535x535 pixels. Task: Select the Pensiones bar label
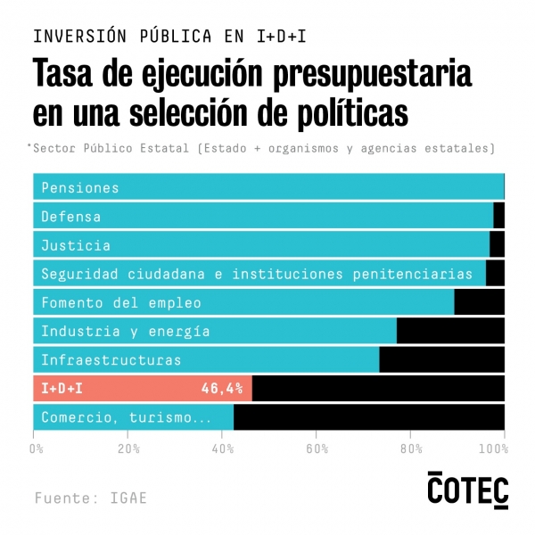click(79, 187)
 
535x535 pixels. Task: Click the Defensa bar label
click(70, 216)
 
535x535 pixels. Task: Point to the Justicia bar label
click(76, 245)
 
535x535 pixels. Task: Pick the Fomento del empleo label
click(120, 302)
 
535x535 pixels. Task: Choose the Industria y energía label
click(125, 331)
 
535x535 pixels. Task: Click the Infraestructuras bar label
click(111, 360)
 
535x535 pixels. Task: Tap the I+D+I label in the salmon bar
click(62, 389)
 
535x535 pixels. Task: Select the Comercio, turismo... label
click(126, 417)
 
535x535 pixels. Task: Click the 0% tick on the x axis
click(37, 448)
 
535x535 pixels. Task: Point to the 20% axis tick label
click(128, 448)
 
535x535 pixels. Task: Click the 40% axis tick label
click(223, 448)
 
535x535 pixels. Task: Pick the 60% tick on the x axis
click(317, 448)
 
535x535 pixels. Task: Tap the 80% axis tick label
click(410, 448)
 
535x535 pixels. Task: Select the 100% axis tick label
click(503, 448)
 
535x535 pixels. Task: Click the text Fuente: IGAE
click(91, 498)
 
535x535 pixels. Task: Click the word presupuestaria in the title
click(358, 75)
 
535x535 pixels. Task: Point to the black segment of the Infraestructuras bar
click(441, 360)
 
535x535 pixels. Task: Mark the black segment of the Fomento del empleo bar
click(479, 302)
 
